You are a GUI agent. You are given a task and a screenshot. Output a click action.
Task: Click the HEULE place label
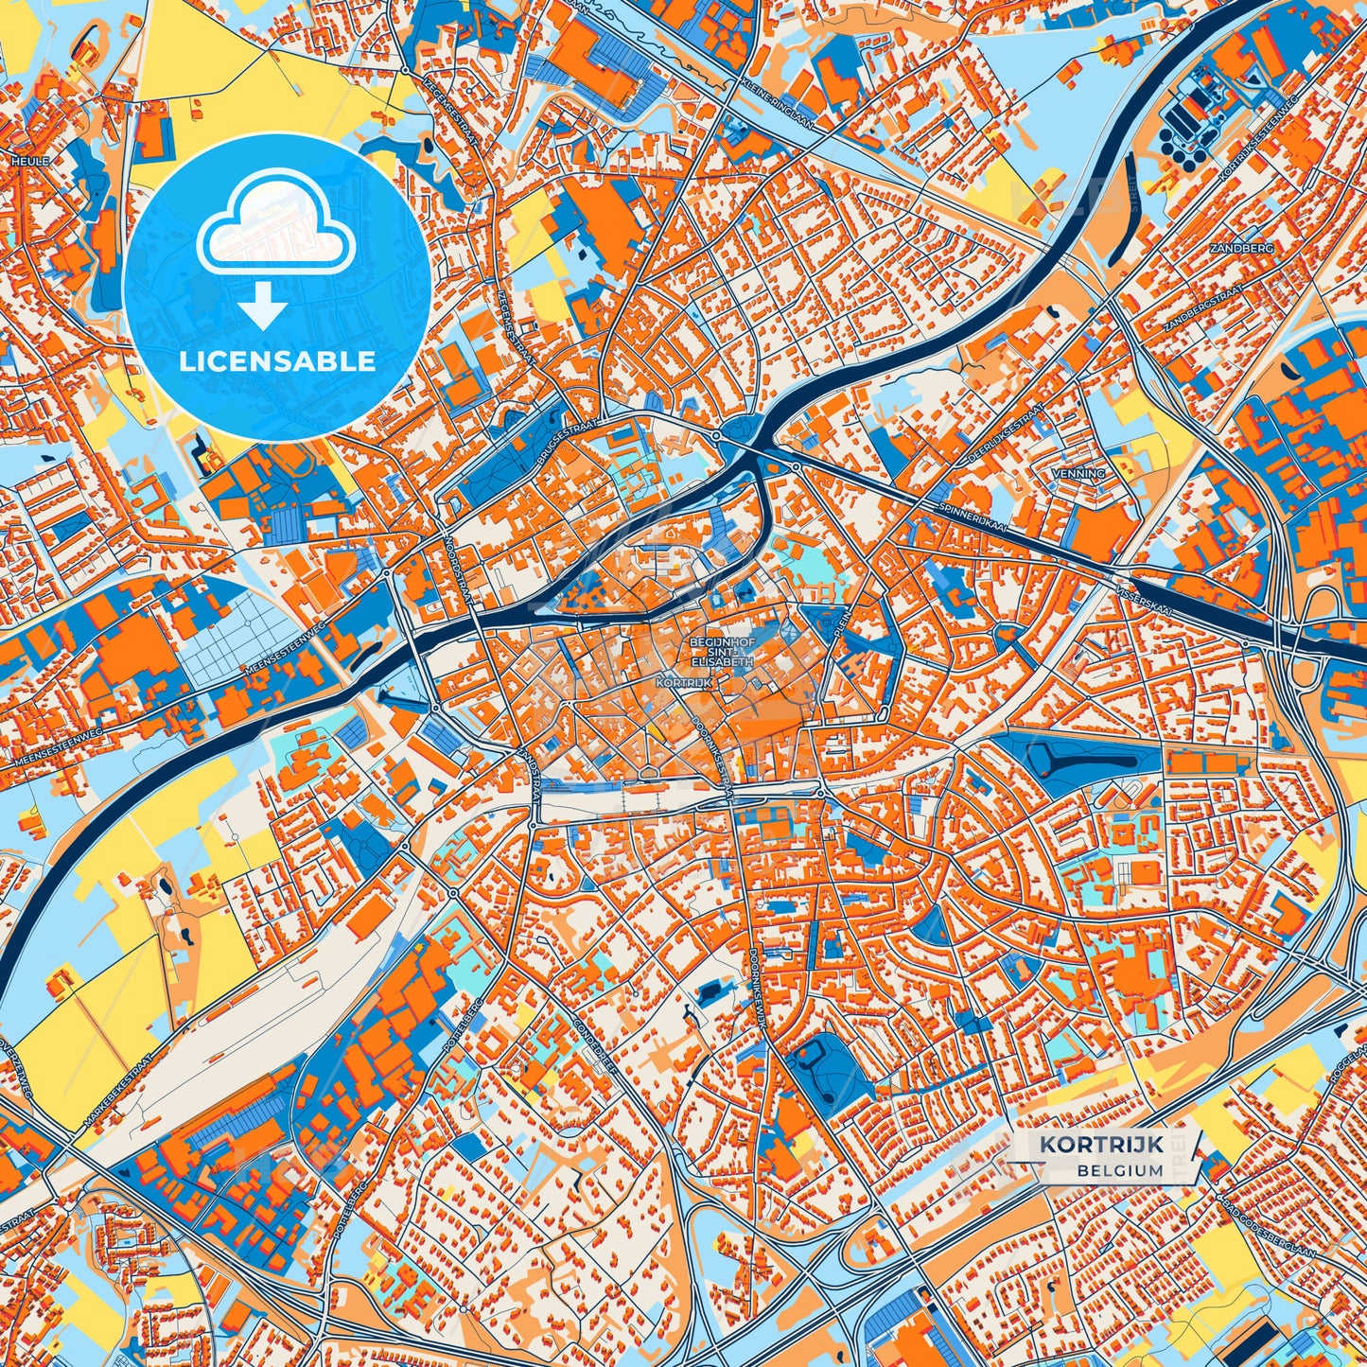tap(29, 162)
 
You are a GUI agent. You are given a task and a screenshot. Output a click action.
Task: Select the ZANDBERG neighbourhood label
tap(1241, 248)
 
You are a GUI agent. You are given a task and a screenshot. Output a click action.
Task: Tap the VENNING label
tap(1078, 473)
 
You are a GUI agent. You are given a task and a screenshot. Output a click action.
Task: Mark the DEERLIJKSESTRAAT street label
tap(1006, 435)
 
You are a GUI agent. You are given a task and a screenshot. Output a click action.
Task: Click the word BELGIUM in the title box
tap(1119, 1170)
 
